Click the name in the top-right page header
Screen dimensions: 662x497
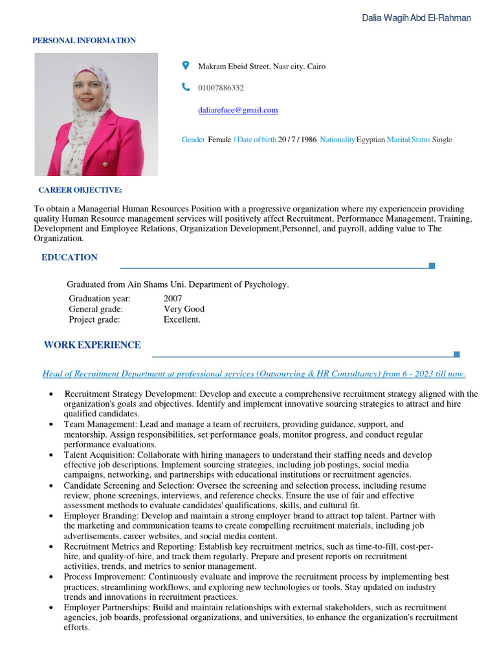click(x=416, y=18)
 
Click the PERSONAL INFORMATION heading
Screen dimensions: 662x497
click(x=84, y=41)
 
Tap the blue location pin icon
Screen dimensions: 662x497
click(x=186, y=65)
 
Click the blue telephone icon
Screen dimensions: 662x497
click(x=186, y=87)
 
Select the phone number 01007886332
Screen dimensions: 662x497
click(x=221, y=88)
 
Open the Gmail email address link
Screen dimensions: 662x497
click(x=237, y=110)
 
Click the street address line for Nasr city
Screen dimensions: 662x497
click(x=261, y=67)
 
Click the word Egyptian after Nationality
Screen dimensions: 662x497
click(x=371, y=140)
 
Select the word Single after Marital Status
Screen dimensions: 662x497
click(x=442, y=140)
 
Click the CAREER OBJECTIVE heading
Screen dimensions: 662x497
click(x=80, y=190)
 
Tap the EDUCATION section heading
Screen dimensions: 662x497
click(x=69, y=257)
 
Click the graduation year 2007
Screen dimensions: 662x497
click(x=173, y=299)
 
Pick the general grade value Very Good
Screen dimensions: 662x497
click(x=184, y=309)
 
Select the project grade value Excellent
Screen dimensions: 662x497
click(x=182, y=319)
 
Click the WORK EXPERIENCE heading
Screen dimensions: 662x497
click(x=92, y=345)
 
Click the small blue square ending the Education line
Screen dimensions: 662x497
click(x=432, y=266)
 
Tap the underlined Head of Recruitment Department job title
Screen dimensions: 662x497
click(x=254, y=374)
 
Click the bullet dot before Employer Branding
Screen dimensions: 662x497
click(x=51, y=517)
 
